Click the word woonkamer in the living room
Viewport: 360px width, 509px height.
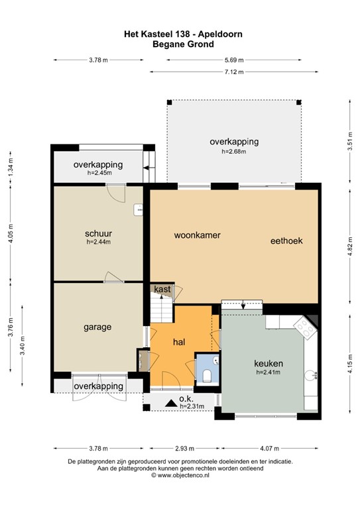[x=197, y=235]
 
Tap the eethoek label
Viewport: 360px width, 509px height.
[x=286, y=241]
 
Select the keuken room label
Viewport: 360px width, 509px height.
[x=269, y=364]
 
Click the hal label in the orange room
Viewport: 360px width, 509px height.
[x=178, y=343]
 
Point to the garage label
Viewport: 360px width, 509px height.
[x=97, y=327]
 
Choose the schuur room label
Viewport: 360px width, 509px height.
[x=98, y=233]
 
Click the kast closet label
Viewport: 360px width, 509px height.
[x=162, y=289]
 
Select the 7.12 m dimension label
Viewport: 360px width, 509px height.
[x=234, y=72]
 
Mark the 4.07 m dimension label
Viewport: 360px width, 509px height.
[x=272, y=447]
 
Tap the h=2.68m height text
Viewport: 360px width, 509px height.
[x=233, y=152]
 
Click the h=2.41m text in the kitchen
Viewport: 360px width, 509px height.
[x=269, y=372]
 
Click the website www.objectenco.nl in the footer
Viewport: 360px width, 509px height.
[x=179, y=475]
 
